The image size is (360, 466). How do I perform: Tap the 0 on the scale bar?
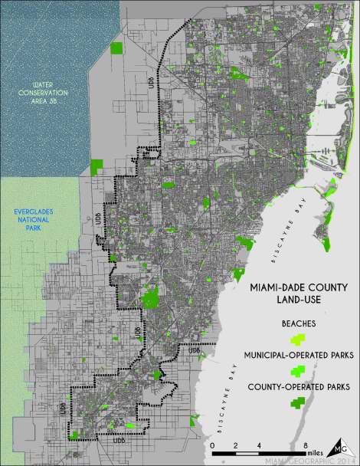[x=211, y=445]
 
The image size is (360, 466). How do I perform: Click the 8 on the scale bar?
[x=306, y=445]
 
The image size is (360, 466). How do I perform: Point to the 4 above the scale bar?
[x=259, y=445]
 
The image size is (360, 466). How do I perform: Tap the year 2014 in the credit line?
[x=341, y=461]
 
